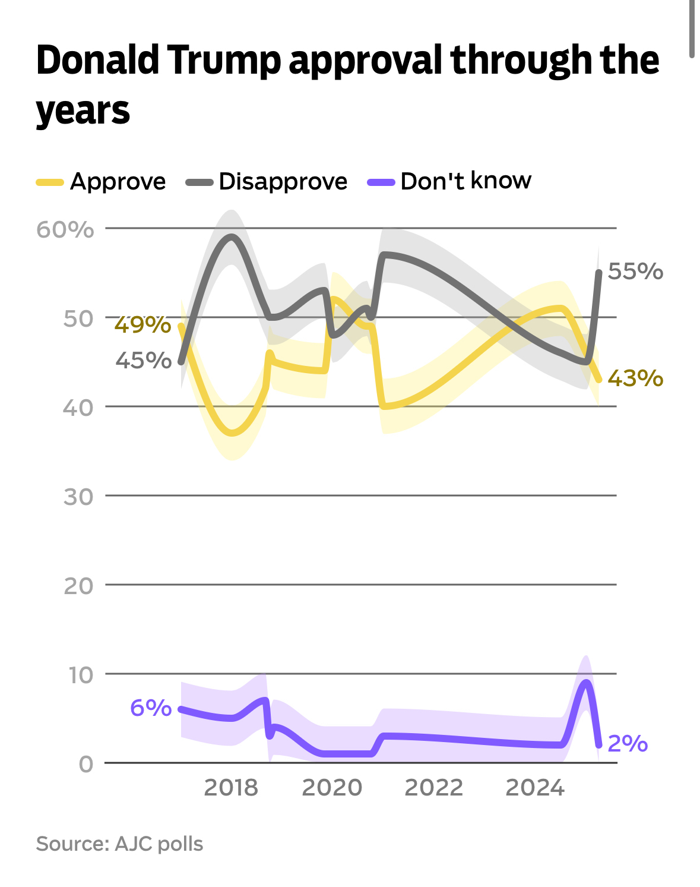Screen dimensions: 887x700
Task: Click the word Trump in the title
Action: click(x=224, y=61)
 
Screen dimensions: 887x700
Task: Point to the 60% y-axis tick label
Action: click(x=65, y=229)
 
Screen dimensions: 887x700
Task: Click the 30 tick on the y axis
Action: click(x=78, y=497)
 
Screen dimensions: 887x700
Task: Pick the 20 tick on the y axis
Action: click(x=78, y=586)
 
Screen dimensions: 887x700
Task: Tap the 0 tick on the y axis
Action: click(x=86, y=764)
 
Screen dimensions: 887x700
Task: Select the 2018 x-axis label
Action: click(x=231, y=788)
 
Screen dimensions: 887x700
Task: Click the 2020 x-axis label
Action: click(x=332, y=788)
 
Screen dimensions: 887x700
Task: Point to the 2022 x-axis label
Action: click(x=433, y=788)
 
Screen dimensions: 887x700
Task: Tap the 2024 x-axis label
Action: click(x=535, y=788)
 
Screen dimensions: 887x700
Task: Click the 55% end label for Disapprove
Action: click(x=635, y=272)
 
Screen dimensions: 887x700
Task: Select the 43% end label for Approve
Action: click(x=635, y=378)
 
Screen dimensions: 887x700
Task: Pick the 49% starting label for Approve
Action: click(x=142, y=324)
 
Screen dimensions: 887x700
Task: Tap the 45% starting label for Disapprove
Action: click(x=143, y=360)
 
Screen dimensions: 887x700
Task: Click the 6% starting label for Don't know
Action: click(x=151, y=708)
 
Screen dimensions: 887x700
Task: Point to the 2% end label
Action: click(x=628, y=743)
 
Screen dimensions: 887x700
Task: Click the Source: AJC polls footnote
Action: click(x=119, y=844)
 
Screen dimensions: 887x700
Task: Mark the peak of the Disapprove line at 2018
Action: click(x=231, y=237)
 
